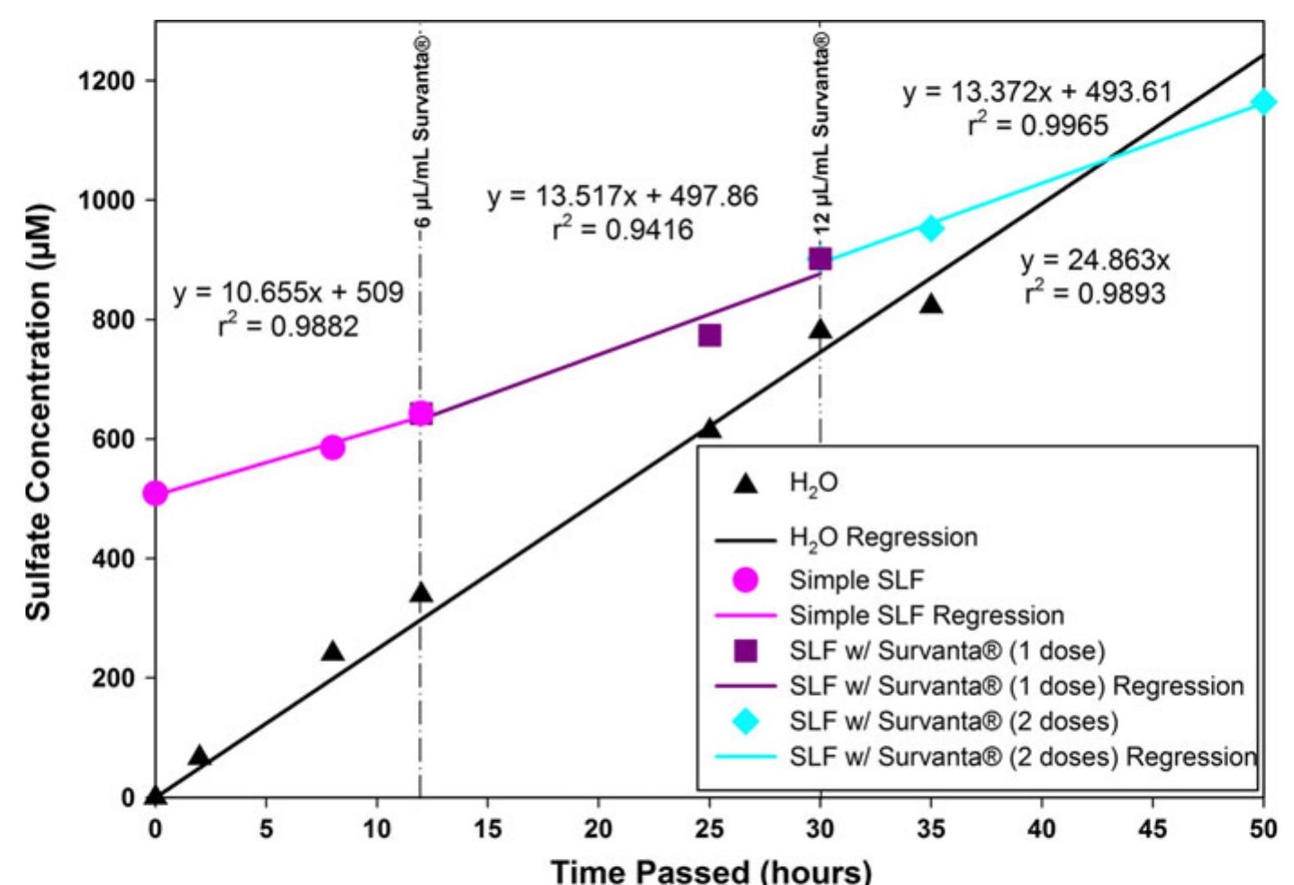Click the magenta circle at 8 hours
tap(332, 447)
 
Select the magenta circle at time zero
tap(156, 493)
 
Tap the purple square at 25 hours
tap(710, 336)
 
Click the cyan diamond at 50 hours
tap(1263, 102)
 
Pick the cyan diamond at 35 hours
tap(931, 228)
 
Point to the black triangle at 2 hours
tap(199, 756)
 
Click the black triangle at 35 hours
tap(931, 304)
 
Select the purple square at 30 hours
tap(819, 259)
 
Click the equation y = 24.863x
tap(1095, 260)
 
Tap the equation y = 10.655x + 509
tap(288, 293)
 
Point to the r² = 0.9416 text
tap(623, 230)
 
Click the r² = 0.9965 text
tap(1037, 125)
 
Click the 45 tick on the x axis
tap(1153, 828)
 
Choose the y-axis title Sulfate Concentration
tap(38, 412)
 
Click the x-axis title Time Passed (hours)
tap(710, 871)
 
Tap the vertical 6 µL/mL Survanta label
tap(421, 131)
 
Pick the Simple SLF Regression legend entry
tap(926, 616)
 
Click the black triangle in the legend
tap(745, 483)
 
